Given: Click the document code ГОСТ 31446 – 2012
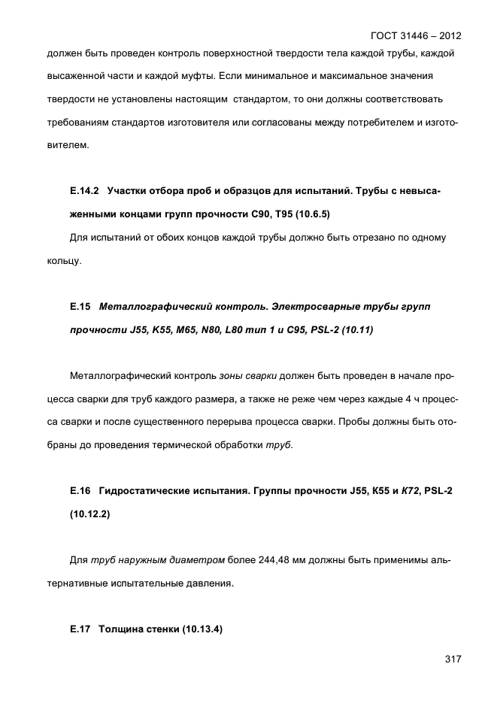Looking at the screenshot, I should pos(416,35).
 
